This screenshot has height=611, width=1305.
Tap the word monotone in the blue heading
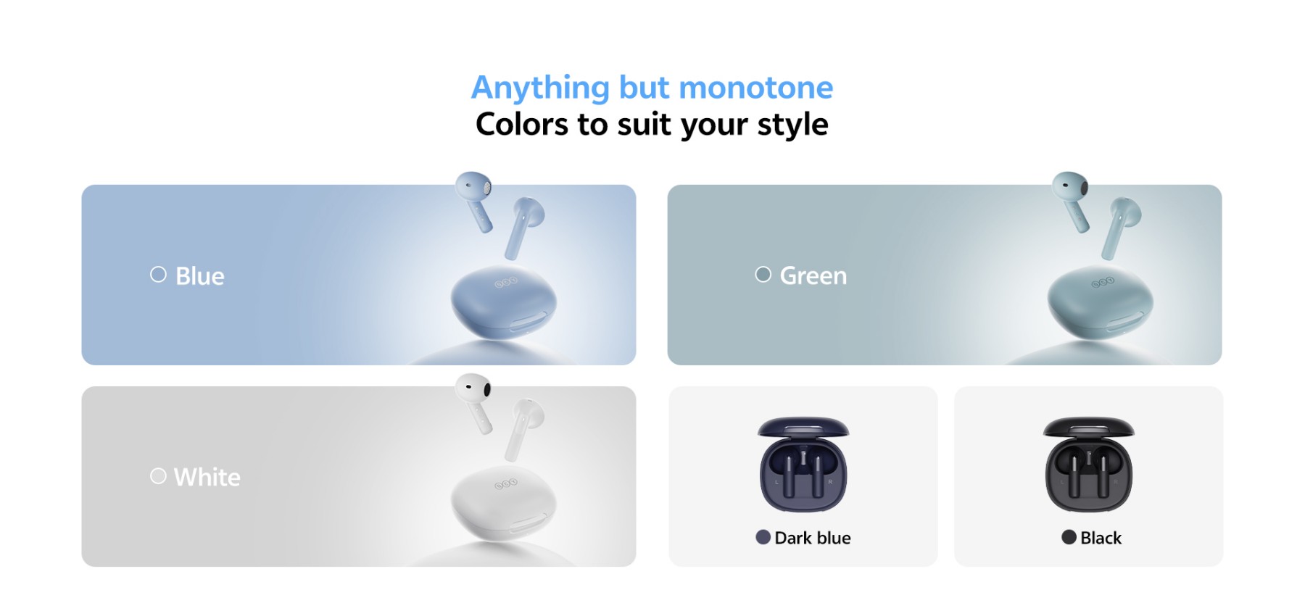[x=756, y=88]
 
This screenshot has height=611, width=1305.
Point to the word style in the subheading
[x=792, y=125]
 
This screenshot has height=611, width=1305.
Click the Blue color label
[x=200, y=276]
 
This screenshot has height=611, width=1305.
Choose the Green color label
[x=813, y=275]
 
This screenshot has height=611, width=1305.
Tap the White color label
[x=207, y=477]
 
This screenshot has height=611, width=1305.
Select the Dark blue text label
[x=813, y=538]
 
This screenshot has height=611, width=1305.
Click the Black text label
[x=1101, y=538]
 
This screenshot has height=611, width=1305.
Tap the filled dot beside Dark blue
[x=763, y=537]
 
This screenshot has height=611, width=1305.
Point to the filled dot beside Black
[x=1069, y=537]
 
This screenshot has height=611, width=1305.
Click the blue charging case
[x=504, y=303]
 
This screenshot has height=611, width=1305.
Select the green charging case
[x=1101, y=303]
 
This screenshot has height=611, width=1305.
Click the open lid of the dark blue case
[x=803, y=428]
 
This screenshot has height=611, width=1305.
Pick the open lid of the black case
[x=1088, y=428]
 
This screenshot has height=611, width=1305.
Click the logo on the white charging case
[x=506, y=483]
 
